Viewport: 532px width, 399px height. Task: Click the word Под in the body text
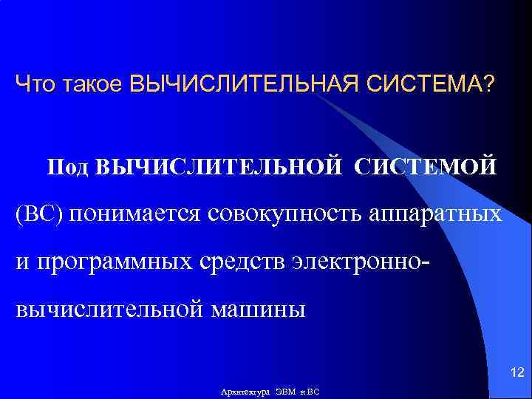[x=69, y=166]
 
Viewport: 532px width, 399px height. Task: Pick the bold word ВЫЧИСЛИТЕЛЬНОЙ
[x=218, y=166]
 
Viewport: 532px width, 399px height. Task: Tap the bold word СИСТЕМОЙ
[x=425, y=166]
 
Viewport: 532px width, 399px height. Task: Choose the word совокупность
[x=291, y=215]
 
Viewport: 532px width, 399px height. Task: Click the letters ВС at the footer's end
[x=313, y=392]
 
